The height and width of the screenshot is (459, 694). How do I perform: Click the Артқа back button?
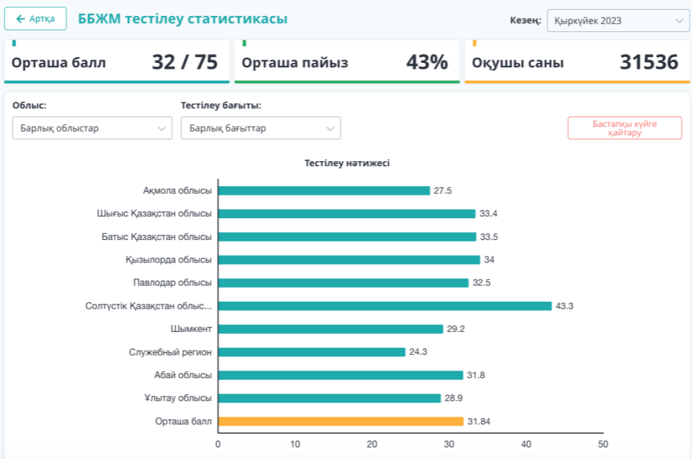(35, 19)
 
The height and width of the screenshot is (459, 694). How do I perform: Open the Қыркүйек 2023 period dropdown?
(618, 21)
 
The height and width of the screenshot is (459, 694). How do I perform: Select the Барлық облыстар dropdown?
(92, 128)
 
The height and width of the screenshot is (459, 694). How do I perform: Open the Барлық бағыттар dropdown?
(261, 128)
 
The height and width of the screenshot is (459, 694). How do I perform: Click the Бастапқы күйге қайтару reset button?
(624, 128)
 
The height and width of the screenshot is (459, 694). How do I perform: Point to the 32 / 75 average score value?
(185, 62)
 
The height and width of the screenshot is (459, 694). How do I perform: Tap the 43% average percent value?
(427, 62)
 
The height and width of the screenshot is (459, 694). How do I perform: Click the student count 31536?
(648, 62)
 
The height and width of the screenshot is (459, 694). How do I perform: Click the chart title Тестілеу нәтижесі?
(347, 163)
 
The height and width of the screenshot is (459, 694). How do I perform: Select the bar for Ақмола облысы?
(324, 191)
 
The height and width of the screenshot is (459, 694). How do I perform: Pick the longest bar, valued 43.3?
(385, 306)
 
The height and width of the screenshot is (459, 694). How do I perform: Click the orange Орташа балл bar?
(340, 422)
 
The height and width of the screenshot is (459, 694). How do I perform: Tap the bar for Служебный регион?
(312, 352)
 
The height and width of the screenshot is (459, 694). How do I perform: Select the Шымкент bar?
(331, 329)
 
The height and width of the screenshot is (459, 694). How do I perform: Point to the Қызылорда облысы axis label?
(169, 260)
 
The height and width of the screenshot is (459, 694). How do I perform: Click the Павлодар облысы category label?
(173, 283)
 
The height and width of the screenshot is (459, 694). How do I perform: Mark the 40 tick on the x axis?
(526, 444)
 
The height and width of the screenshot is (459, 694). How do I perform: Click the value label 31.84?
(480, 422)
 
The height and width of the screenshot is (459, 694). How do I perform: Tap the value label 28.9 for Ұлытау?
(453, 399)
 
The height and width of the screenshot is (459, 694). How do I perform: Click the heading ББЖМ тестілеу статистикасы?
(183, 19)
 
